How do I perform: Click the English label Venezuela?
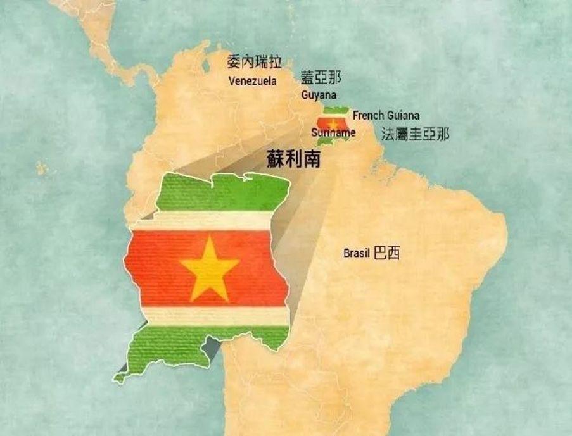click(x=252, y=81)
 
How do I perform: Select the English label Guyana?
click(x=319, y=95)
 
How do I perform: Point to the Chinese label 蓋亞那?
click(x=321, y=78)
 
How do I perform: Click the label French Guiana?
click(x=386, y=116)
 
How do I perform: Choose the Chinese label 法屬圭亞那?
click(x=416, y=134)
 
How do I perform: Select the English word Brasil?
click(x=357, y=254)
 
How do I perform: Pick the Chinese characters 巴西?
click(x=387, y=254)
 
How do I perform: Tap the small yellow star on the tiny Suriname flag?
click(x=334, y=123)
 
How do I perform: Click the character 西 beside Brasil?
click(x=393, y=254)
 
